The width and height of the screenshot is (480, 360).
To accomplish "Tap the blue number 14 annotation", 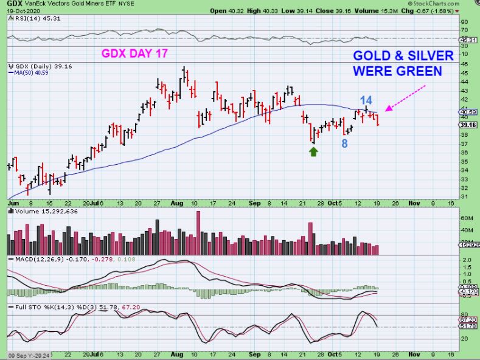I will coord(366,100).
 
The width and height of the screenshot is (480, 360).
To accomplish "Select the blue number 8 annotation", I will coord(344,144).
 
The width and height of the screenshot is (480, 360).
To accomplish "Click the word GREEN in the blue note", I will coord(419,71).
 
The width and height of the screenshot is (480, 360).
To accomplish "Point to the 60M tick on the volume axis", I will coord(465,218).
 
